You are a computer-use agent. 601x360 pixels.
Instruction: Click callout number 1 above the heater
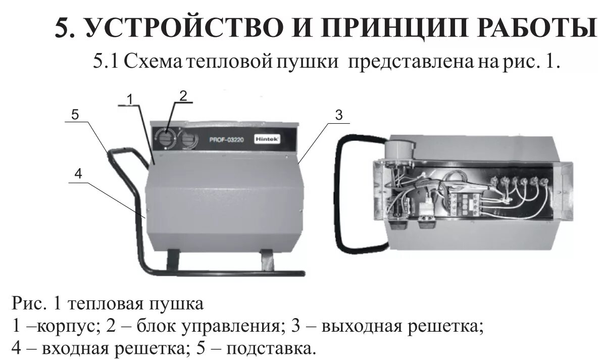click(x=130, y=99)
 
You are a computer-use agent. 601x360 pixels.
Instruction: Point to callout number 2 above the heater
click(x=183, y=95)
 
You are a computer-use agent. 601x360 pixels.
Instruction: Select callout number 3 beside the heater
click(x=338, y=115)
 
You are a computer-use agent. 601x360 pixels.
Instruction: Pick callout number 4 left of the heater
click(x=78, y=173)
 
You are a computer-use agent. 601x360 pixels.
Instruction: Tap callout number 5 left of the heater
click(x=75, y=115)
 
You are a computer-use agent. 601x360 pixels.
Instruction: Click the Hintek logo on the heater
click(x=267, y=137)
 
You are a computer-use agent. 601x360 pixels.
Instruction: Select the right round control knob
click(x=188, y=139)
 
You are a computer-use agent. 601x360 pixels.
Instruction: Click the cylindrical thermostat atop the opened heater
click(x=399, y=148)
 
